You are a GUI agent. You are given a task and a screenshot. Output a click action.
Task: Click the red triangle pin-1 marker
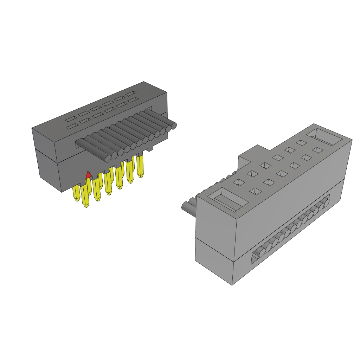89,174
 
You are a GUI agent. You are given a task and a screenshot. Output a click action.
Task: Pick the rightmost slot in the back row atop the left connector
132,94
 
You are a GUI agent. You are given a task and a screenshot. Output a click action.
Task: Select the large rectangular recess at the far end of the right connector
323,137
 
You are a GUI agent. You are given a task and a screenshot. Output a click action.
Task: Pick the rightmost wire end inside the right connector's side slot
326,202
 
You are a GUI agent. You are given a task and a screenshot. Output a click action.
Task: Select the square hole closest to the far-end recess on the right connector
317,150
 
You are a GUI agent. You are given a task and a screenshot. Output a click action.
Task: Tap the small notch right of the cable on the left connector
150,149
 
